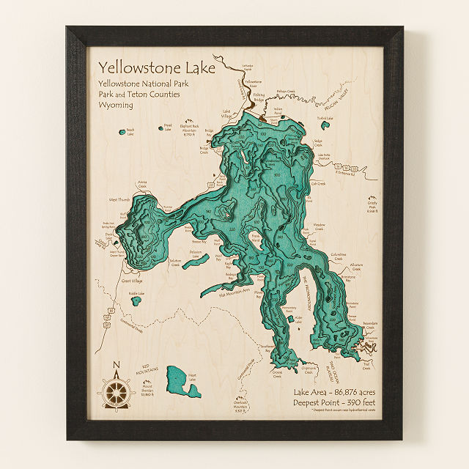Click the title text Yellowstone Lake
[x=157, y=67]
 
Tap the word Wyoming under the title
[x=116, y=105]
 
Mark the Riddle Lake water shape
[x=136, y=300]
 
